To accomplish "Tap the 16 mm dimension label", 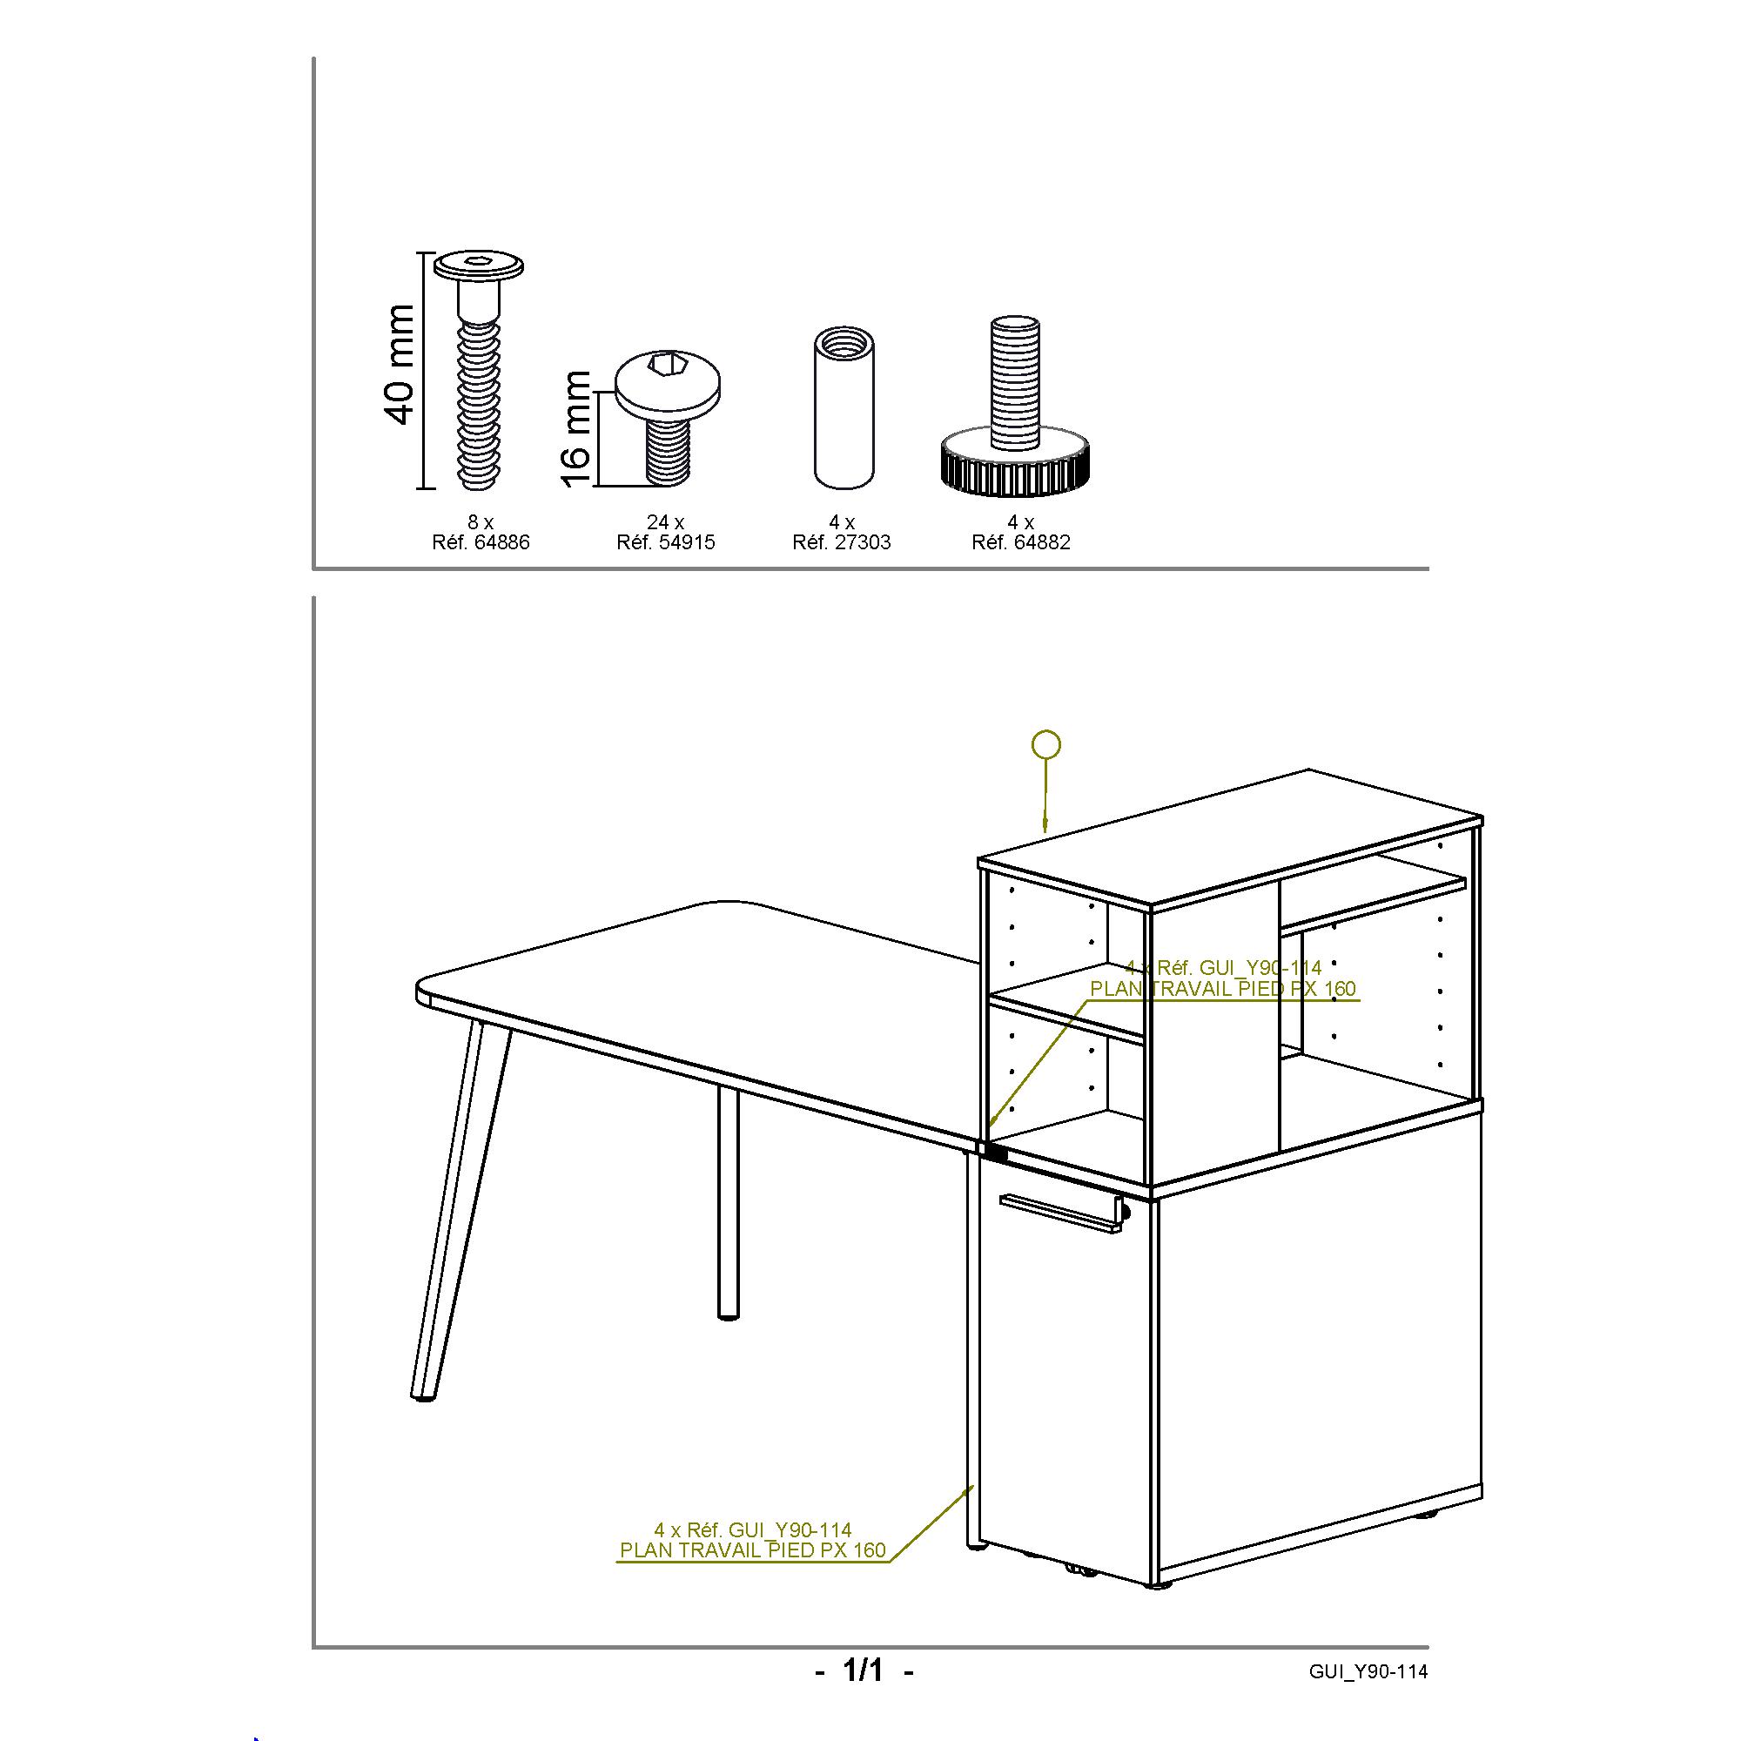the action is [x=575, y=429].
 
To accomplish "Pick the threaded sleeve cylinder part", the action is [x=845, y=408].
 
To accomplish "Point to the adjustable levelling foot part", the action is [x=1015, y=406].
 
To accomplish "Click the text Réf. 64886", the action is [x=481, y=542].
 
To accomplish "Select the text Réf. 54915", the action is [x=666, y=542].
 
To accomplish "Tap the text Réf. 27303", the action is [x=842, y=542].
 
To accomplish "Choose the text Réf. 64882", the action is [x=1021, y=542].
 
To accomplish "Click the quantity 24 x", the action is [x=666, y=521].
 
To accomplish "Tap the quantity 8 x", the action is [x=481, y=521].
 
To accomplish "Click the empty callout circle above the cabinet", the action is [x=1045, y=744].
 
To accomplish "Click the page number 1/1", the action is [x=863, y=1670].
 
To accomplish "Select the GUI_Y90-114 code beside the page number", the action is [x=1368, y=1671].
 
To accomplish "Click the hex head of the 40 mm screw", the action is [x=479, y=266].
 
